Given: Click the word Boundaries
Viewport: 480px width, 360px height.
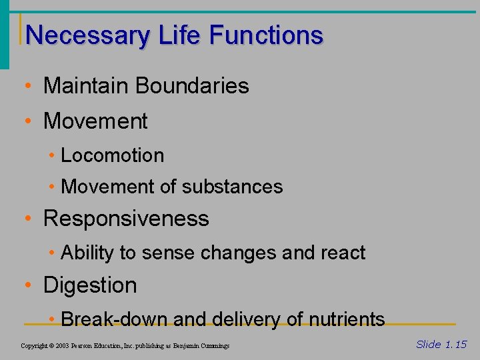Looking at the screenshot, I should (192, 86).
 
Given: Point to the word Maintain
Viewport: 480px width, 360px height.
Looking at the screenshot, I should (85, 86).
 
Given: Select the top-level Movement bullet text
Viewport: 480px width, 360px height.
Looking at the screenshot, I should (95, 121).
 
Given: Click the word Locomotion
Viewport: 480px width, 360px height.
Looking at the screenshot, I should (112, 155).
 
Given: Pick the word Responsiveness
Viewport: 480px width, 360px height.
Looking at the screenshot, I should (126, 219).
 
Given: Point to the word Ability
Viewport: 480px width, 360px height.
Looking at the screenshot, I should (85, 253).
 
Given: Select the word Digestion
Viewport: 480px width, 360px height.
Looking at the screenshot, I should (90, 285).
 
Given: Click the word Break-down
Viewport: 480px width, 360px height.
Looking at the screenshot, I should (114, 319).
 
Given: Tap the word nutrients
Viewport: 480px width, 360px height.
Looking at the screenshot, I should (347, 319).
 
